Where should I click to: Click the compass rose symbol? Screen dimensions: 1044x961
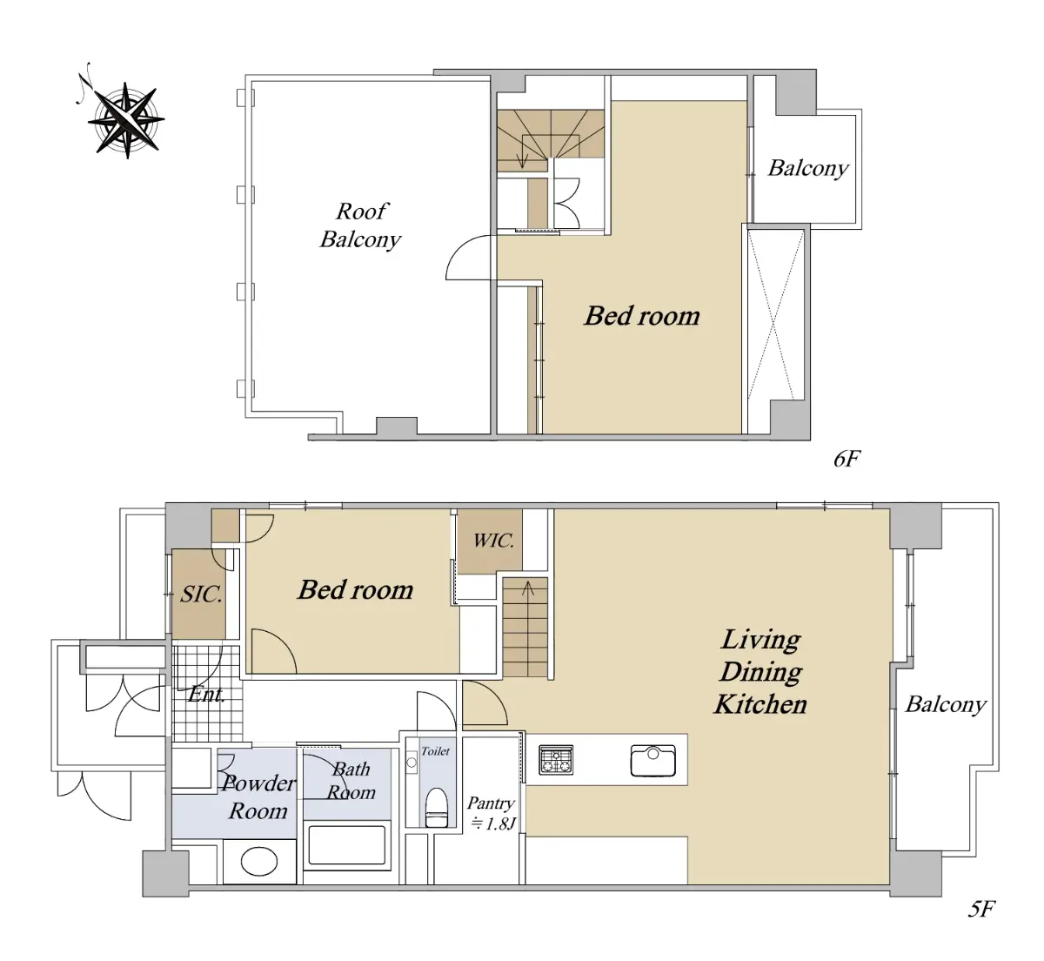pos(126,120)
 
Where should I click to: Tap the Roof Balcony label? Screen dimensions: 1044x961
pos(361,225)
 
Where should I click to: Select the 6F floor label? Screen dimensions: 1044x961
pos(847,459)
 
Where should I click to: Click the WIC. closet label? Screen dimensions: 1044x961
pos(493,541)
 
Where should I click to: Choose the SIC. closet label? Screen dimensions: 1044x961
pos(202,595)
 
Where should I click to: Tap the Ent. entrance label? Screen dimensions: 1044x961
pos(206,694)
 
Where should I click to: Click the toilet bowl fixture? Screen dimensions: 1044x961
pos(436,807)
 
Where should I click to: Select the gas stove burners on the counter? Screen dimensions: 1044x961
pos(556,759)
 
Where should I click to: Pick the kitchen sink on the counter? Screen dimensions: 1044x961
pos(653,761)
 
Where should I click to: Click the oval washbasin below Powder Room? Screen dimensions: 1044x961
pos(259,861)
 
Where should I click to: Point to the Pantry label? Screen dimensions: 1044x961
pos(491,803)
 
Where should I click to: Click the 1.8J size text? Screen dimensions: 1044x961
pos(493,823)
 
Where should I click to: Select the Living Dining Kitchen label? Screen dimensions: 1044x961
pos(760,672)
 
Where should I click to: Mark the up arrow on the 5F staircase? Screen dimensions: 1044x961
pos(528,588)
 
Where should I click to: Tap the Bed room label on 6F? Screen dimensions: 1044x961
pos(642,316)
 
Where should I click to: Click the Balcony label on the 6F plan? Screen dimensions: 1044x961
pos(808,168)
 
